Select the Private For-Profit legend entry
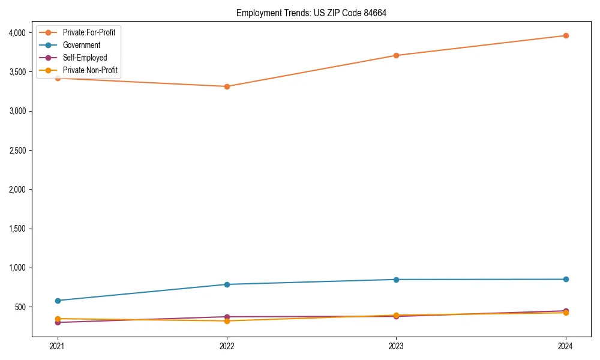[89, 32]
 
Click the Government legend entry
[82, 45]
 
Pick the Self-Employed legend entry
[85, 58]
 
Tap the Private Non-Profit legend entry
[90, 71]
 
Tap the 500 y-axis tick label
[21, 307]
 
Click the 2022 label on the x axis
[227, 346]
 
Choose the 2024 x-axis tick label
[566, 346]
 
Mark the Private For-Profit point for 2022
[227, 86]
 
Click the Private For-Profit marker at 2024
[566, 35]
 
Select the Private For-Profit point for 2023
[396, 55]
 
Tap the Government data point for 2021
[58, 301]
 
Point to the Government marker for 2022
[227, 284]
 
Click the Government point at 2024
[566, 279]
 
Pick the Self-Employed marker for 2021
[58, 323]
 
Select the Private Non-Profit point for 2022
[227, 321]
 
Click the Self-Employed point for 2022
[227, 317]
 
